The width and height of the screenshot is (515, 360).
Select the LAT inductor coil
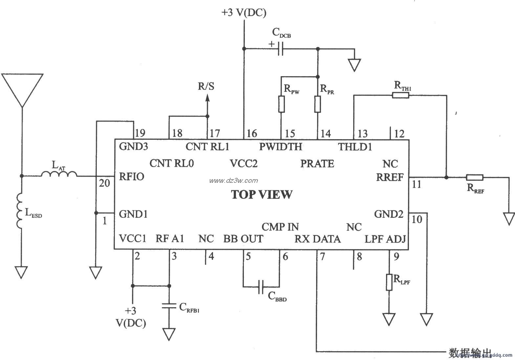[59, 174]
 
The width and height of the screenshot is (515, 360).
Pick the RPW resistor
[281, 104]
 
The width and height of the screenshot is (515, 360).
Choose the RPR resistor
[317, 104]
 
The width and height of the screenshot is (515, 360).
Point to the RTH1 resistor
[400, 95]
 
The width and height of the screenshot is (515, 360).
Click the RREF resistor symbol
[475, 178]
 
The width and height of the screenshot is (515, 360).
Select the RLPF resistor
[389, 282]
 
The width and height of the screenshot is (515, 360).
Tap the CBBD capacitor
[261, 287]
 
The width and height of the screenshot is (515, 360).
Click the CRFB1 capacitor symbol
[169, 306]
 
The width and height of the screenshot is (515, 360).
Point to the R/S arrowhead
[207, 98]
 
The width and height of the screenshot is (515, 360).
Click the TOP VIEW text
[262, 195]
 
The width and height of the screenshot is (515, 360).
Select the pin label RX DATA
[317, 239]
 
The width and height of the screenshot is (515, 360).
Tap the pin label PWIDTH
[281, 146]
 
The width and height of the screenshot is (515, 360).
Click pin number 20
[104, 183]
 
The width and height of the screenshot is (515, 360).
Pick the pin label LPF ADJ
[385, 239]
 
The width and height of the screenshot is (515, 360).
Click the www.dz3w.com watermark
[234, 180]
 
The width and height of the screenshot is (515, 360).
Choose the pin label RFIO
[131, 177]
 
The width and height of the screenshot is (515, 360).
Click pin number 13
[362, 134]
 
